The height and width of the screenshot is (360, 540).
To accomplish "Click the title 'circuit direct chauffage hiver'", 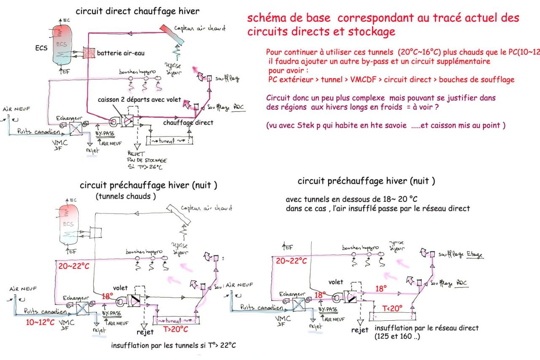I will (132, 11).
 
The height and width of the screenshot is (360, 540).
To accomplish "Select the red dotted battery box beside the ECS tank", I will (89, 54).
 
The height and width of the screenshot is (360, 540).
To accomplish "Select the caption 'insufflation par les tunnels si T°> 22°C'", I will (173, 346).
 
